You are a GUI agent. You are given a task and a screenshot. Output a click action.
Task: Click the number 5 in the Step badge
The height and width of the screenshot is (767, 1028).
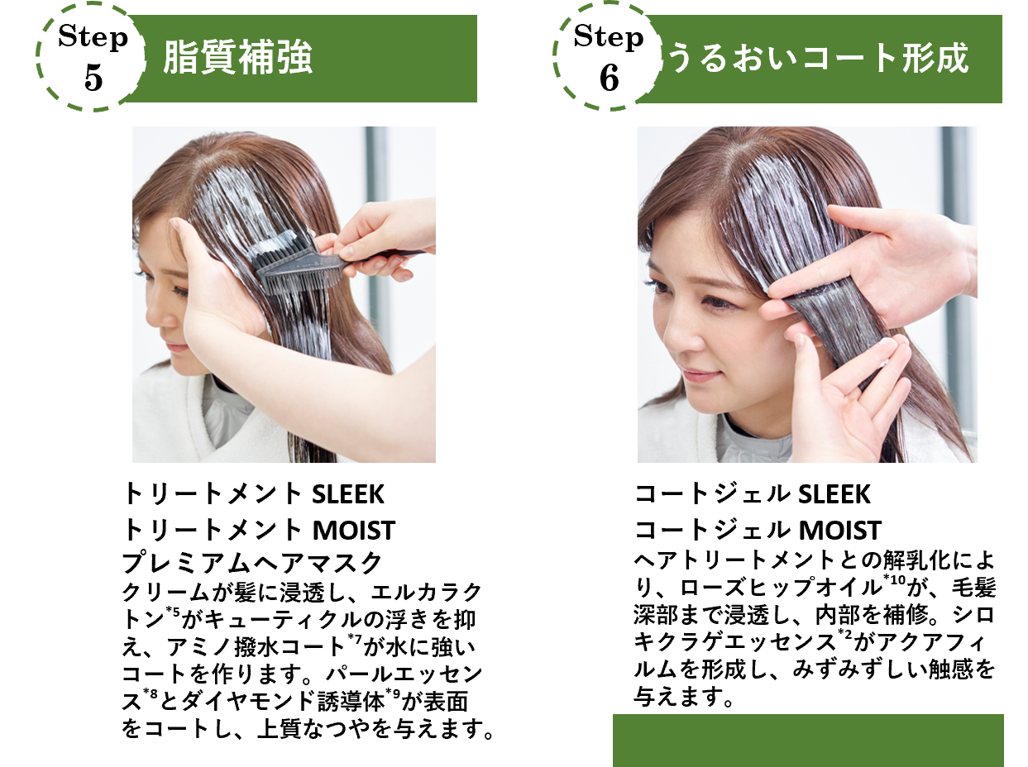pos(93,78)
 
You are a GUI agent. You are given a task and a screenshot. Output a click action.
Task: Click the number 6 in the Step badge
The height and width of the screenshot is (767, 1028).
pos(610,78)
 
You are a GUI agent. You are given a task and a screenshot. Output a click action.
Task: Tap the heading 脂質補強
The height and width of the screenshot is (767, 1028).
pos(237,58)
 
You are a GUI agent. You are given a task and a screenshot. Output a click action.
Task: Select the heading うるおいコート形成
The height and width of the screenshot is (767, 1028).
pos(818,58)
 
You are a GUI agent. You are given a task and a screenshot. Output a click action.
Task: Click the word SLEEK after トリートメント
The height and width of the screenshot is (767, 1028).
pos(348,494)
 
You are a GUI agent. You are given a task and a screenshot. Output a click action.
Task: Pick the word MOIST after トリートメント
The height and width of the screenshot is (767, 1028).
pos(354,531)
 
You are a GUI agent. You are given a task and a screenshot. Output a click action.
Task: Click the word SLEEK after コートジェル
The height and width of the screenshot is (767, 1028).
pos(834,494)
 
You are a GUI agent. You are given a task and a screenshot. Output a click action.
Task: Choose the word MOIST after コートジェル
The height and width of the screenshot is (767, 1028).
pos(839,531)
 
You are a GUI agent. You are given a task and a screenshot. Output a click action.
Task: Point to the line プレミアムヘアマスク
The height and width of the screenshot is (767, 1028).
pos(252,562)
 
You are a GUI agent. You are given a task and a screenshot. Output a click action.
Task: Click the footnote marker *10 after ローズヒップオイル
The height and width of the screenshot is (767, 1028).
pos(894,580)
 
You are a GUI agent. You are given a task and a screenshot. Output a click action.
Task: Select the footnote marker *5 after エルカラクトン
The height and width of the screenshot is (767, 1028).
pos(173,612)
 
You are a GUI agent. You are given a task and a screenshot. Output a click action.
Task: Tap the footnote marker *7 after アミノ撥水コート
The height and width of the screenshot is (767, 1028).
pos(355,639)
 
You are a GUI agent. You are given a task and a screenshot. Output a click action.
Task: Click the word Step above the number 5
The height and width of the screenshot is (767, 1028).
pos(93,37)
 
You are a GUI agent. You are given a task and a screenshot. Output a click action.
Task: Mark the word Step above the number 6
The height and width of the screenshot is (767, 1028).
pos(609,37)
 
